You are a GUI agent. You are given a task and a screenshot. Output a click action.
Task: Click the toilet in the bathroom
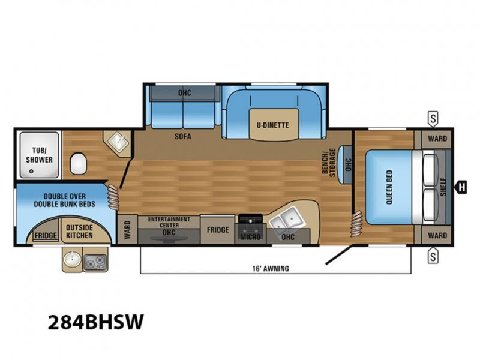point(79,163)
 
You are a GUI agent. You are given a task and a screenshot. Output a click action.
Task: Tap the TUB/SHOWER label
point(39,155)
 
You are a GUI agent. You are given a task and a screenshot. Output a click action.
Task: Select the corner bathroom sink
point(118,141)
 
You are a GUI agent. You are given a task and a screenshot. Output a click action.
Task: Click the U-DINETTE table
point(274,125)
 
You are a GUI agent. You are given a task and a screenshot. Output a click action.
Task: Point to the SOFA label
point(183,136)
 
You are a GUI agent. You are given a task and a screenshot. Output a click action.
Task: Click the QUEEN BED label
point(389,187)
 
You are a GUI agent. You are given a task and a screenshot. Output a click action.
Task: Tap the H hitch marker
point(461,187)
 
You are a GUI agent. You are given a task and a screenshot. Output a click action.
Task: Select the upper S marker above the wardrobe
point(433,118)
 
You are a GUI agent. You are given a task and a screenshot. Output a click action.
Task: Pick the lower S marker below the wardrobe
point(433,256)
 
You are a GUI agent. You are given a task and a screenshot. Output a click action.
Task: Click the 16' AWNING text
point(271,268)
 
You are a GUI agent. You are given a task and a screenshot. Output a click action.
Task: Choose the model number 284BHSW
point(95,322)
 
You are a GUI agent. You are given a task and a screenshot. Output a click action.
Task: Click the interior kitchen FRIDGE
point(218,230)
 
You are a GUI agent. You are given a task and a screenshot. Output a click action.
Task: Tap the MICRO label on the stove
point(250,236)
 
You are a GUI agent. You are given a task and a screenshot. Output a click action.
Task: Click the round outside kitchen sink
point(72,260)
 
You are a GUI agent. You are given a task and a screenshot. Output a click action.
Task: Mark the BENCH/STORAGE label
point(328,162)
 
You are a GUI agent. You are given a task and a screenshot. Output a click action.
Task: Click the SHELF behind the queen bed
point(443,187)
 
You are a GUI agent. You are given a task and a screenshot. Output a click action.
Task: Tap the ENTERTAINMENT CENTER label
point(169,222)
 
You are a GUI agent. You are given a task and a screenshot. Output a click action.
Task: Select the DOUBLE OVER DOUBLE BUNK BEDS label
point(65,200)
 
